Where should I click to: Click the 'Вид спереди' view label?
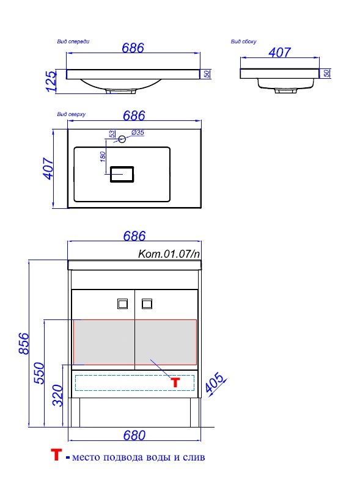(73, 42)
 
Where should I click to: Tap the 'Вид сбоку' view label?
(243, 42)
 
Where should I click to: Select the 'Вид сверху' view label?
(72, 114)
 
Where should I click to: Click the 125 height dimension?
(51, 81)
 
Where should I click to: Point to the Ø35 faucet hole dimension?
(138, 133)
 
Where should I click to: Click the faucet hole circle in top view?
(122, 139)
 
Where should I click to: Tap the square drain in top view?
(122, 174)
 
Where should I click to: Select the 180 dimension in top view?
(103, 156)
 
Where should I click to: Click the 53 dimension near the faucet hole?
(112, 134)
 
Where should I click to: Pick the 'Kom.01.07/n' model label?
(169, 253)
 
